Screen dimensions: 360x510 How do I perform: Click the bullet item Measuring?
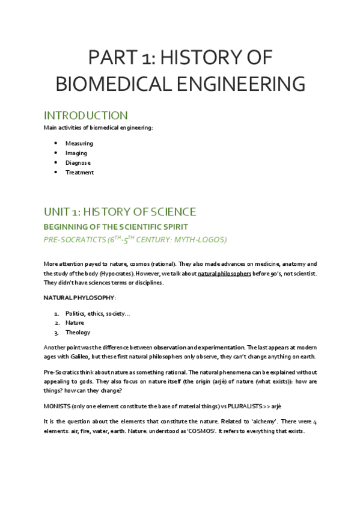(x=79, y=143)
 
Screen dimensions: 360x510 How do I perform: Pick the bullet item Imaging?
(x=76, y=153)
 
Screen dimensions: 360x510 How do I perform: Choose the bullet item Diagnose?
(x=78, y=162)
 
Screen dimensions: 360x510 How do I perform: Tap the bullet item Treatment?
(x=79, y=172)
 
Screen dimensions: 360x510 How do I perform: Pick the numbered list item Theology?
(x=78, y=332)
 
